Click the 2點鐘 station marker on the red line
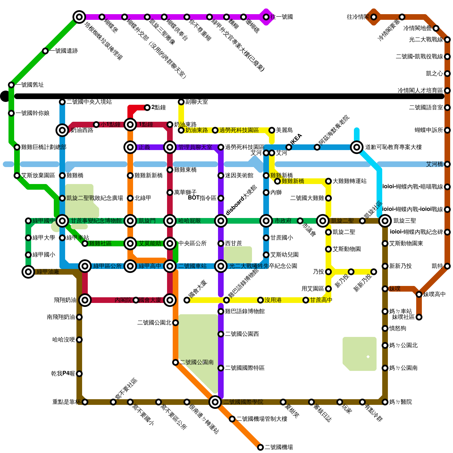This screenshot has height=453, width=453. click(x=147, y=107)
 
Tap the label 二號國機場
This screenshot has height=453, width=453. click(x=279, y=447)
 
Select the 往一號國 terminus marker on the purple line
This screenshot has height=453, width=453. click(x=266, y=17)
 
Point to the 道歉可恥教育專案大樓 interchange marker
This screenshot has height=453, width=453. click(x=357, y=147)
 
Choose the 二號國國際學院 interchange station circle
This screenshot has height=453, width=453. click(x=215, y=402)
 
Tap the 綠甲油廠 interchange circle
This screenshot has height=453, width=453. click(x=28, y=272)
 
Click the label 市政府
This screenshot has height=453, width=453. click(x=283, y=221)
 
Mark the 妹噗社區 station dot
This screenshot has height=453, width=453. click(x=419, y=317)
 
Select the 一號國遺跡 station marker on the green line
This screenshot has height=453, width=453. click(x=45, y=51)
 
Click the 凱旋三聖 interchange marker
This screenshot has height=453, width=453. click(x=385, y=221)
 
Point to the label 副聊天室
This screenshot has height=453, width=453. click(x=196, y=102)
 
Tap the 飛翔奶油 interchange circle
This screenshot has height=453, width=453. click(x=85, y=300)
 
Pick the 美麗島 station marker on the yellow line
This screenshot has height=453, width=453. click(x=272, y=130)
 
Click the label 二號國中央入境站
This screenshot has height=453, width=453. click(x=89, y=102)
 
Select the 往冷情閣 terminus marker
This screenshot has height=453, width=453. click(x=374, y=17)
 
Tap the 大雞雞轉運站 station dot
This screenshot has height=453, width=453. click(x=328, y=181)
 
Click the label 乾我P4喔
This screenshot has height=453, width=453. click(x=63, y=374)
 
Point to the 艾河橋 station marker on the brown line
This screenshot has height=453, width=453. click(x=447, y=164)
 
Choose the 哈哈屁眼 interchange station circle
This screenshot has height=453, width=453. click(x=170, y=221)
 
